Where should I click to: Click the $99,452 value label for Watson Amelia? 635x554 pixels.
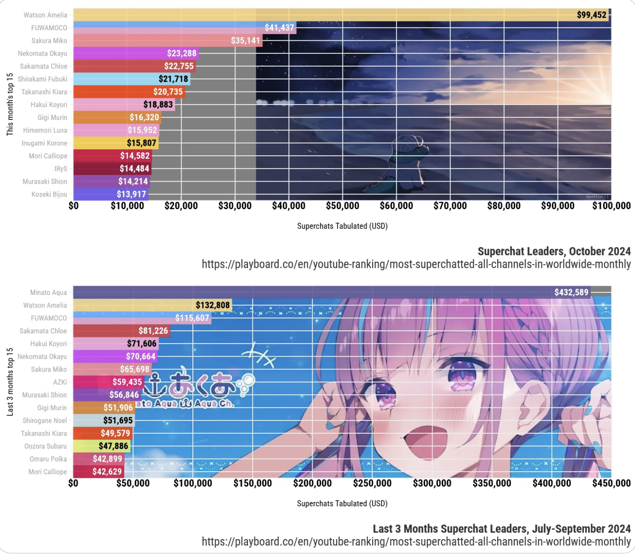(591, 15)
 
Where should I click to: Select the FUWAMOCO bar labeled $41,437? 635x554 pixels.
(184, 28)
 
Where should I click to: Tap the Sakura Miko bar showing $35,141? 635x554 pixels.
(166, 41)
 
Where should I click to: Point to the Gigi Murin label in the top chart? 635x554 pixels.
(52, 117)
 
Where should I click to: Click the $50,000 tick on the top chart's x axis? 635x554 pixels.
(342, 206)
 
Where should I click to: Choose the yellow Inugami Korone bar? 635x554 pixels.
(115, 143)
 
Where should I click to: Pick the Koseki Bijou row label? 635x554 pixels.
(49, 194)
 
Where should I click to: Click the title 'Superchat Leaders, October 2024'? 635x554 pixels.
(554, 251)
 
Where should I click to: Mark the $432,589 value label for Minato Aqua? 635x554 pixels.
(571, 292)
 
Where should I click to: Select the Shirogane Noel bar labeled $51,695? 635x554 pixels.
(104, 421)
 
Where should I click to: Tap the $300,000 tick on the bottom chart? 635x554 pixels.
(432, 483)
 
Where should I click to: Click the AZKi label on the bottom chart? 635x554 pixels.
(60, 382)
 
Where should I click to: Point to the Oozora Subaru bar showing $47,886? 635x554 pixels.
(101, 446)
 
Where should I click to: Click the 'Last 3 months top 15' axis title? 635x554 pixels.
(10, 382)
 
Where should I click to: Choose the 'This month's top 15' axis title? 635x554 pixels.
(10, 105)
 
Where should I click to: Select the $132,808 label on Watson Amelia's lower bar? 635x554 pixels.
(213, 305)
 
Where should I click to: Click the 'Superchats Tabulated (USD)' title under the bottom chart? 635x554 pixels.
(342, 503)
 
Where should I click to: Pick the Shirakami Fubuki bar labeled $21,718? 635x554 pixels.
(131, 79)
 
